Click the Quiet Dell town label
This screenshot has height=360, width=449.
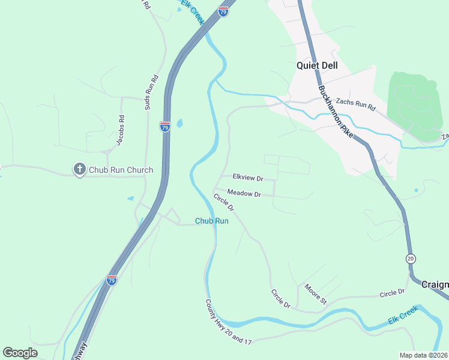tap(317, 66)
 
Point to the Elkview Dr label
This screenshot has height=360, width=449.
tap(248, 178)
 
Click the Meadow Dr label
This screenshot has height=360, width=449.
tap(244, 194)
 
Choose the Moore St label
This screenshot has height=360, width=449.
tap(315, 294)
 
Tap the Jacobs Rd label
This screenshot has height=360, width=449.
tap(121, 130)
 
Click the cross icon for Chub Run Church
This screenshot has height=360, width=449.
tap(79, 170)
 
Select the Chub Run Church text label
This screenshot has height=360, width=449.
tap(121, 170)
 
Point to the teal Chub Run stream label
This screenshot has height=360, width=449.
tap(212, 221)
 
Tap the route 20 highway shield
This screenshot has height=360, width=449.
tap(411, 258)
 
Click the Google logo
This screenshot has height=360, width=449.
tap(20, 352)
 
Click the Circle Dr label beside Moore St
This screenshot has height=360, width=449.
tap(280, 299)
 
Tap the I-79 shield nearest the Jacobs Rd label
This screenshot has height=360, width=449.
tap(165, 126)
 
